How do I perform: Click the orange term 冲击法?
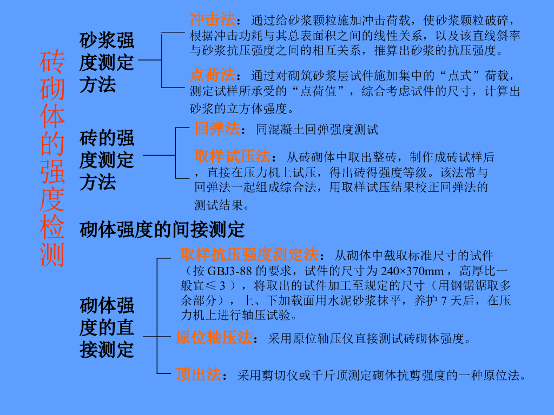point(213,20)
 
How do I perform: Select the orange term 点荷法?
point(213,74)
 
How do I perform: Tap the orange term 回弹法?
point(216,129)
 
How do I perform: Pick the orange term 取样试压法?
point(233,157)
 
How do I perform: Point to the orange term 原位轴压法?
point(214,338)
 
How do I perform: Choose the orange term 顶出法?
point(199,374)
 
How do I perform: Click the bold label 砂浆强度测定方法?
point(107,62)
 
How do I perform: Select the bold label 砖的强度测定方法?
point(107,160)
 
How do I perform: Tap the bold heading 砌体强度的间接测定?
point(162,230)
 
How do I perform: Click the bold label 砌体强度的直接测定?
point(107,327)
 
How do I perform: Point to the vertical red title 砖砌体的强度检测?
point(52,159)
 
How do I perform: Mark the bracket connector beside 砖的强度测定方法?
point(176,154)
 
